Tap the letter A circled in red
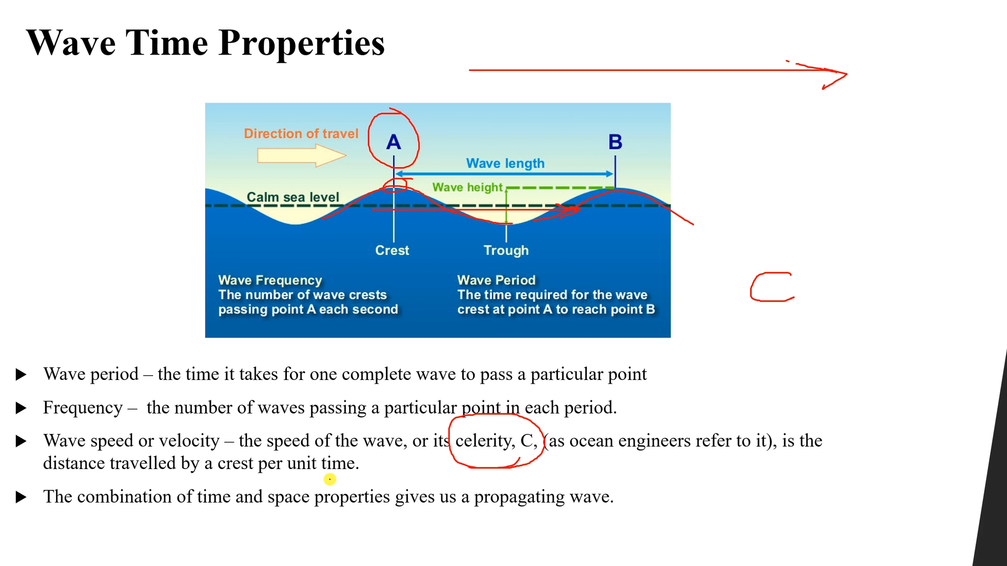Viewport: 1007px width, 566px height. pyautogui.click(x=393, y=142)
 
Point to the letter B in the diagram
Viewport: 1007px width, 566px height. pyautogui.click(x=615, y=142)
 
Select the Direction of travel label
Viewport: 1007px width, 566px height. pyautogui.click(x=301, y=134)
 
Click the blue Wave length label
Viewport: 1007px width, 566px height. pyautogui.click(x=505, y=164)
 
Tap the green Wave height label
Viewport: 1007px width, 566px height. pyautogui.click(x=467, y=187)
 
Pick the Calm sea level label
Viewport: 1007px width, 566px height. pyautogui.click(x=293, y=197)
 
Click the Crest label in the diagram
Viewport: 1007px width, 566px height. pyautogui.click(x=392, y=251)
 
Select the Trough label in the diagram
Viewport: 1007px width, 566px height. pyautogui.click(x=506, y=251)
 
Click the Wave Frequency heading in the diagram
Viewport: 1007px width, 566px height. pyautogui.click(x=270, y=280)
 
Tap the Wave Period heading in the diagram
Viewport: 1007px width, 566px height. pyautogui.click(x=496, y=280)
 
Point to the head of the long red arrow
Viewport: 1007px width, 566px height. pyautogui.click(x=837, y=75)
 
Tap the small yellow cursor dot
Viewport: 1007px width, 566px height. pyautogui.click(x=329, y=479)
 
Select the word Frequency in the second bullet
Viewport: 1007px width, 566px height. pyautogui.click(x=83, y=408)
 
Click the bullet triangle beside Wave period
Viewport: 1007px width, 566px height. pyautogui.click(x=21, y=374)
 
